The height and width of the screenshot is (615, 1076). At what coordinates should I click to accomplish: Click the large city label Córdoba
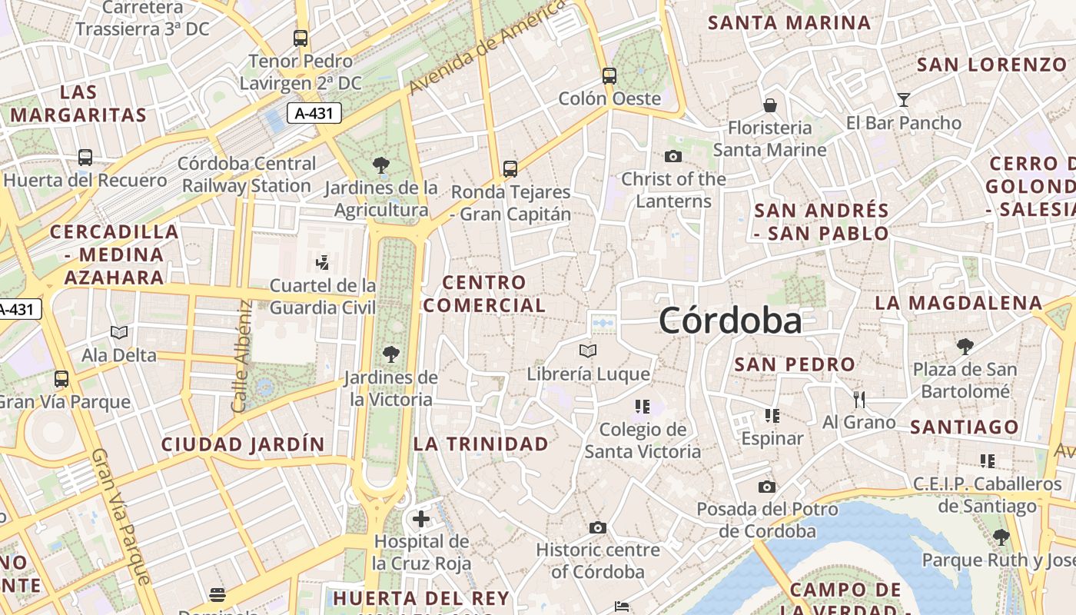tap(730, 321)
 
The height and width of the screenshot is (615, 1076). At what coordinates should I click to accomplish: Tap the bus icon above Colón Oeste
tap(609, 75)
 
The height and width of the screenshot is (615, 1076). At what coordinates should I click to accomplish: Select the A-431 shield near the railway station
tap(314, 113)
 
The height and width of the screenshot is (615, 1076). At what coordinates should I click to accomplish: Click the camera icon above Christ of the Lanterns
tap(673, 156)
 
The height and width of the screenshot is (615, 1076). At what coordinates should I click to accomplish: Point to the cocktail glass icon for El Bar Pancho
tap(903, 99)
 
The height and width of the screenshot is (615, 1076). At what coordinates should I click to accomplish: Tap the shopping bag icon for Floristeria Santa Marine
tap(769, 105)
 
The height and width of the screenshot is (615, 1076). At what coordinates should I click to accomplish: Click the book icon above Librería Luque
tap(588, 351)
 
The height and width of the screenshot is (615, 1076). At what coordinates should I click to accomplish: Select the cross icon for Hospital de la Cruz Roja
tap(421, 519)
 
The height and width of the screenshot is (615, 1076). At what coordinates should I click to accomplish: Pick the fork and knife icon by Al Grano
tap(859, 399)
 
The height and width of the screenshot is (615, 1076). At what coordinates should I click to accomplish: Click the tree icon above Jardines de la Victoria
tap(390, 354)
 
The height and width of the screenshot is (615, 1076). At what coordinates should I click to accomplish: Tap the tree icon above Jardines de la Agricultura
tap(380, 165)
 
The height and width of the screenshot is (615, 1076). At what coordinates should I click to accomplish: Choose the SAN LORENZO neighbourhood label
tap(991, 65)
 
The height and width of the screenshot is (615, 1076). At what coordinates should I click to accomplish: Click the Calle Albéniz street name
tap(242, 355)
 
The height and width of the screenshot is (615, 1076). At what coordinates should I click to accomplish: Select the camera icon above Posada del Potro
tap(767, 487)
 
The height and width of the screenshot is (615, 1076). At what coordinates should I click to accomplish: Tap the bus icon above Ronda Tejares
tap(510, 168)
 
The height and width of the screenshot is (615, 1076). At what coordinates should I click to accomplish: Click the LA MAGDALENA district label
tap(958, 303)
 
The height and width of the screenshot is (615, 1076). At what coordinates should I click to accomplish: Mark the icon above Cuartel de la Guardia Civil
tap(323, 263)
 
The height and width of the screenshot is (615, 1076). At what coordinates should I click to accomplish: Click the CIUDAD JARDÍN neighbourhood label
tap(243, 444)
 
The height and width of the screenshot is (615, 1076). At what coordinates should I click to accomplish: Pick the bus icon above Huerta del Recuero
tap(85, 158)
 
